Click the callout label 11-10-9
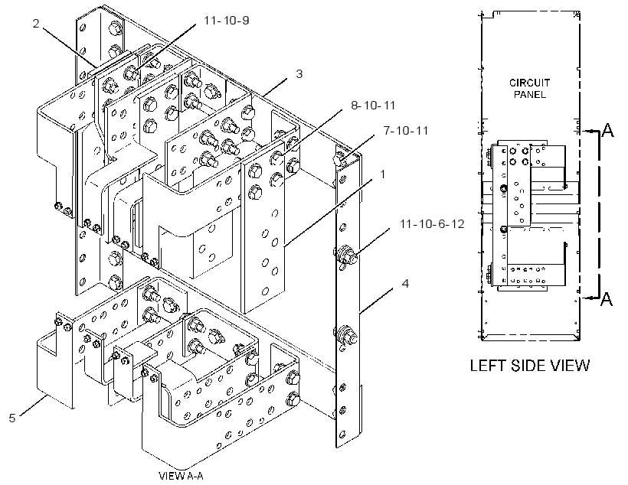pos(226,20)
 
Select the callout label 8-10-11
pos(373,106)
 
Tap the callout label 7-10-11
pos(406,131)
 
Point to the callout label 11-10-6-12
pos(432,223)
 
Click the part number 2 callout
pos(36,24)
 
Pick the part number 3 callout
pos(299,74)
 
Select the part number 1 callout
pos(382,174)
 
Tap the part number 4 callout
pos(405,284)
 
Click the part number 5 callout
pos(12,418)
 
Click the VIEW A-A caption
pos(181,476)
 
